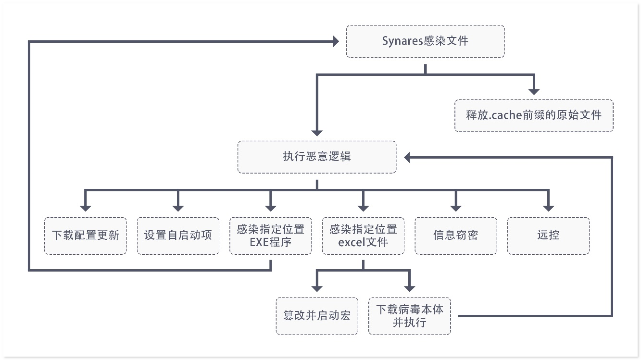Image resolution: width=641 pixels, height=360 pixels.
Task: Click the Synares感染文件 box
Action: click(425, 41)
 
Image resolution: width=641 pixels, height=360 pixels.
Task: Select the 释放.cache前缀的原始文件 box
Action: click(533, 115)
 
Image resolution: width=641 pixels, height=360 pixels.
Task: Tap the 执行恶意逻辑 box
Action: click(317, 157)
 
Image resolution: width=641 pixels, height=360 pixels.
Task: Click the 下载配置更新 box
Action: click(86, 236)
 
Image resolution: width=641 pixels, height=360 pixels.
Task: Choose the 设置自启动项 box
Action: click(178, 236)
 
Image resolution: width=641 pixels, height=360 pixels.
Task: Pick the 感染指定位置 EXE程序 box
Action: click(270, 236)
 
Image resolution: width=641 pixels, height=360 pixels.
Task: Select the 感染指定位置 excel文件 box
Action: click(363, 236)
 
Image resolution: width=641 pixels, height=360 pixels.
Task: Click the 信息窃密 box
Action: click(455, 236)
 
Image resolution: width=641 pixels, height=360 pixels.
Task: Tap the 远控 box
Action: click(548, 236)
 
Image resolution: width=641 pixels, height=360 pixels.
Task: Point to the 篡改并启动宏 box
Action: click(317, 316)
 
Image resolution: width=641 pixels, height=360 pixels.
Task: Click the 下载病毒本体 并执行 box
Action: click(410, 316)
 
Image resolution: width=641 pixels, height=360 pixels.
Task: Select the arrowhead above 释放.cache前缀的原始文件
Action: click(533, 91)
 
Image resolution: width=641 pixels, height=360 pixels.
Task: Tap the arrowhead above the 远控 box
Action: click(548, 208)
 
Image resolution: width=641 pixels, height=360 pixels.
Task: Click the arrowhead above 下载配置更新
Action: click(86, 208)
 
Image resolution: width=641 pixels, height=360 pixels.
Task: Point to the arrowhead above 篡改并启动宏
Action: click(317, 288)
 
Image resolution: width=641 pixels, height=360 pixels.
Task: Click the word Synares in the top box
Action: click(402, 41)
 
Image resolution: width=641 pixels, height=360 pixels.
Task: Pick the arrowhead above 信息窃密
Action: click(455, 208)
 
